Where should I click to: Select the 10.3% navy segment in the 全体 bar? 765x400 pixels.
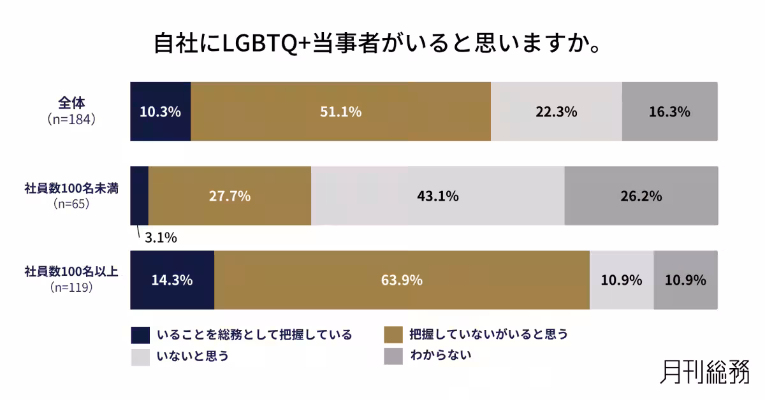coord(161,111)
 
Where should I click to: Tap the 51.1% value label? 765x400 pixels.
coord(341,112)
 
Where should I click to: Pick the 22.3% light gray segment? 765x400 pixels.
coord(556,111)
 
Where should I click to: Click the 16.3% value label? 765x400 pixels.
coord(669,112)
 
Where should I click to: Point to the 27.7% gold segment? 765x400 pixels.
coord(229,196)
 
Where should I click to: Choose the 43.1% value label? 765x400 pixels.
coord(437,196)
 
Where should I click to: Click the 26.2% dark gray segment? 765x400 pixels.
coord(641,196)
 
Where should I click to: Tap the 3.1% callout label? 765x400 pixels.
coord(161,239)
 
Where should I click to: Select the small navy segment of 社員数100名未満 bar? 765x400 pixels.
coord(139,196)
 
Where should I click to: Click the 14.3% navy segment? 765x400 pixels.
coord(172,280)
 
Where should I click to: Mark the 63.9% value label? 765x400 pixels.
coord(402,280)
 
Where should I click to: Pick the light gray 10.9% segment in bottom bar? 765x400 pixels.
coord(622,280)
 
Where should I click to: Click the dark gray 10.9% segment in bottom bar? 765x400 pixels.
coord(685,280)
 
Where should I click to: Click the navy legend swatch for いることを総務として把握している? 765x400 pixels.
coord(140,335)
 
